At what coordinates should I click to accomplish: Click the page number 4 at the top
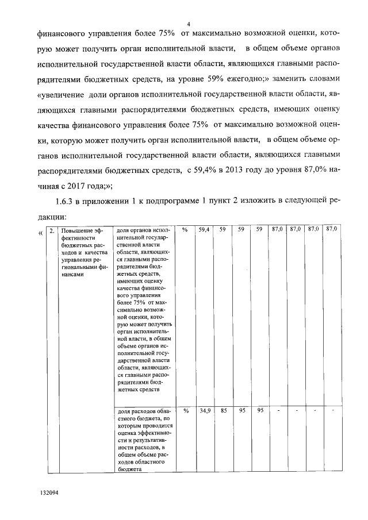tap(188, 24)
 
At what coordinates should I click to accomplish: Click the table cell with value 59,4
tap(204, 229)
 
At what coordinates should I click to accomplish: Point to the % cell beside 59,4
tap(185, 229)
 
